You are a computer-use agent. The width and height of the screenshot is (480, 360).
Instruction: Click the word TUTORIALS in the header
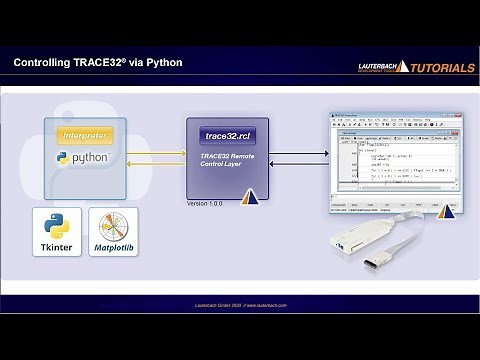click(438, 68)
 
